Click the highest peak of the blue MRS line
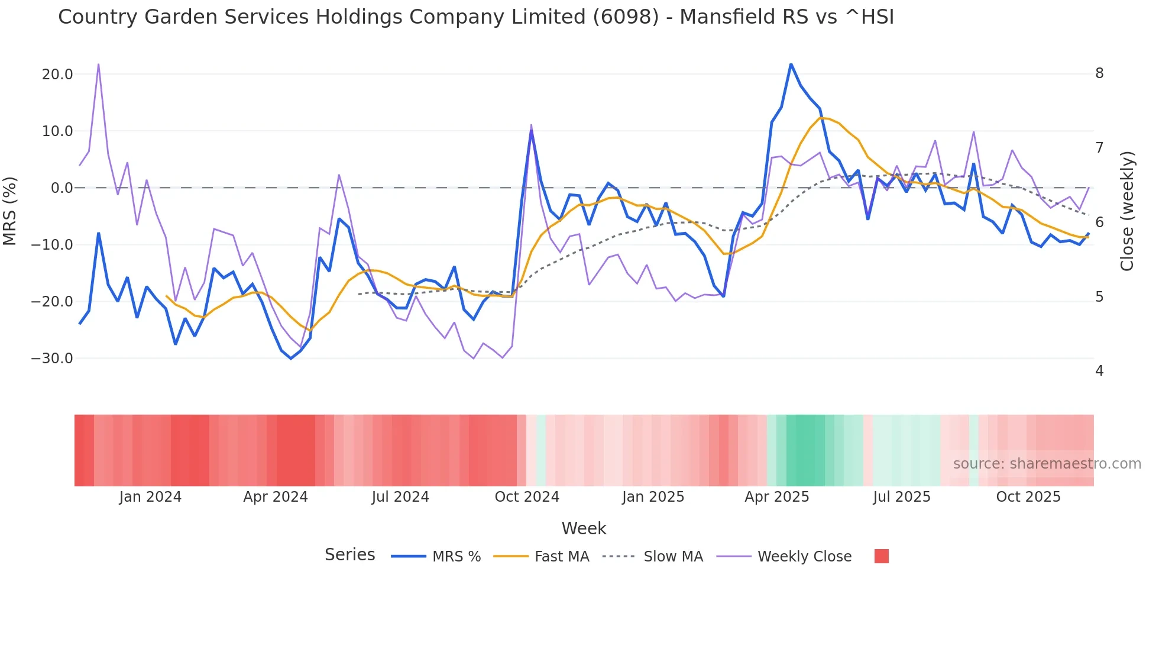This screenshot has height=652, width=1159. (791, 64)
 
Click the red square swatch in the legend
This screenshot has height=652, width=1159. (881, 556)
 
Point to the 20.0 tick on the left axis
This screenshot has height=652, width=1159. (57, 75)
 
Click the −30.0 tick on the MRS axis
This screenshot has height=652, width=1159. (52, 359)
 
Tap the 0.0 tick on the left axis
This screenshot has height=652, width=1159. (61, 188)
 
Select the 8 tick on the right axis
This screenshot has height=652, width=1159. (1099, 73)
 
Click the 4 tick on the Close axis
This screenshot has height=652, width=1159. (1099, 371)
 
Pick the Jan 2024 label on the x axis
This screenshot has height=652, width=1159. (150, 497)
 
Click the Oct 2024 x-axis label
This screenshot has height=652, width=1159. (527, 497)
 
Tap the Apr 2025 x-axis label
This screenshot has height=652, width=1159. (776, 497)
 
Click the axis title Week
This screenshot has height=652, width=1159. (584, 528)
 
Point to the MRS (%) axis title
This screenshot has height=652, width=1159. (10, 211)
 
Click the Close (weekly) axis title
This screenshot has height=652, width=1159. (1127, 211)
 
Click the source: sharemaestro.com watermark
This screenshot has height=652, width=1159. (1047, 464)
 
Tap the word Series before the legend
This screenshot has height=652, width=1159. (349, 555)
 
